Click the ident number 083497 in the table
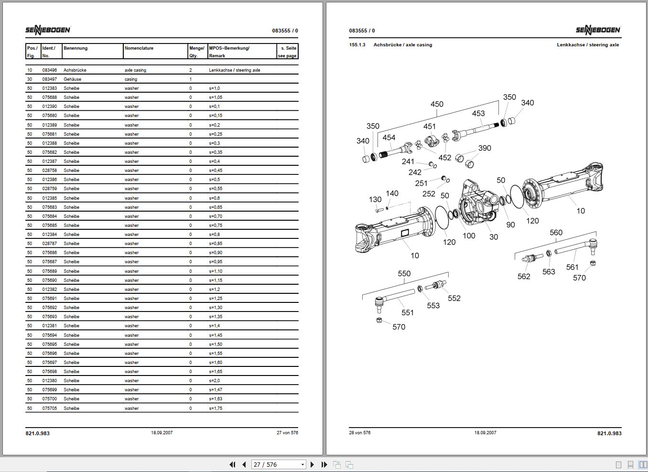click(50, 79)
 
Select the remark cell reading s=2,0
click(215, 381)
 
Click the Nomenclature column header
click(139, 48)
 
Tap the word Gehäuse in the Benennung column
click(72, 79)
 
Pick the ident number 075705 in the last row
click(50, 408)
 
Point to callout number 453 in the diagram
click(478, 113)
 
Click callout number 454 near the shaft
click(389, 138)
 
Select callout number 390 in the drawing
click(485, 148)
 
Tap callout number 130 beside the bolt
click(375, 200)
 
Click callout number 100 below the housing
click(469, 236)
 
